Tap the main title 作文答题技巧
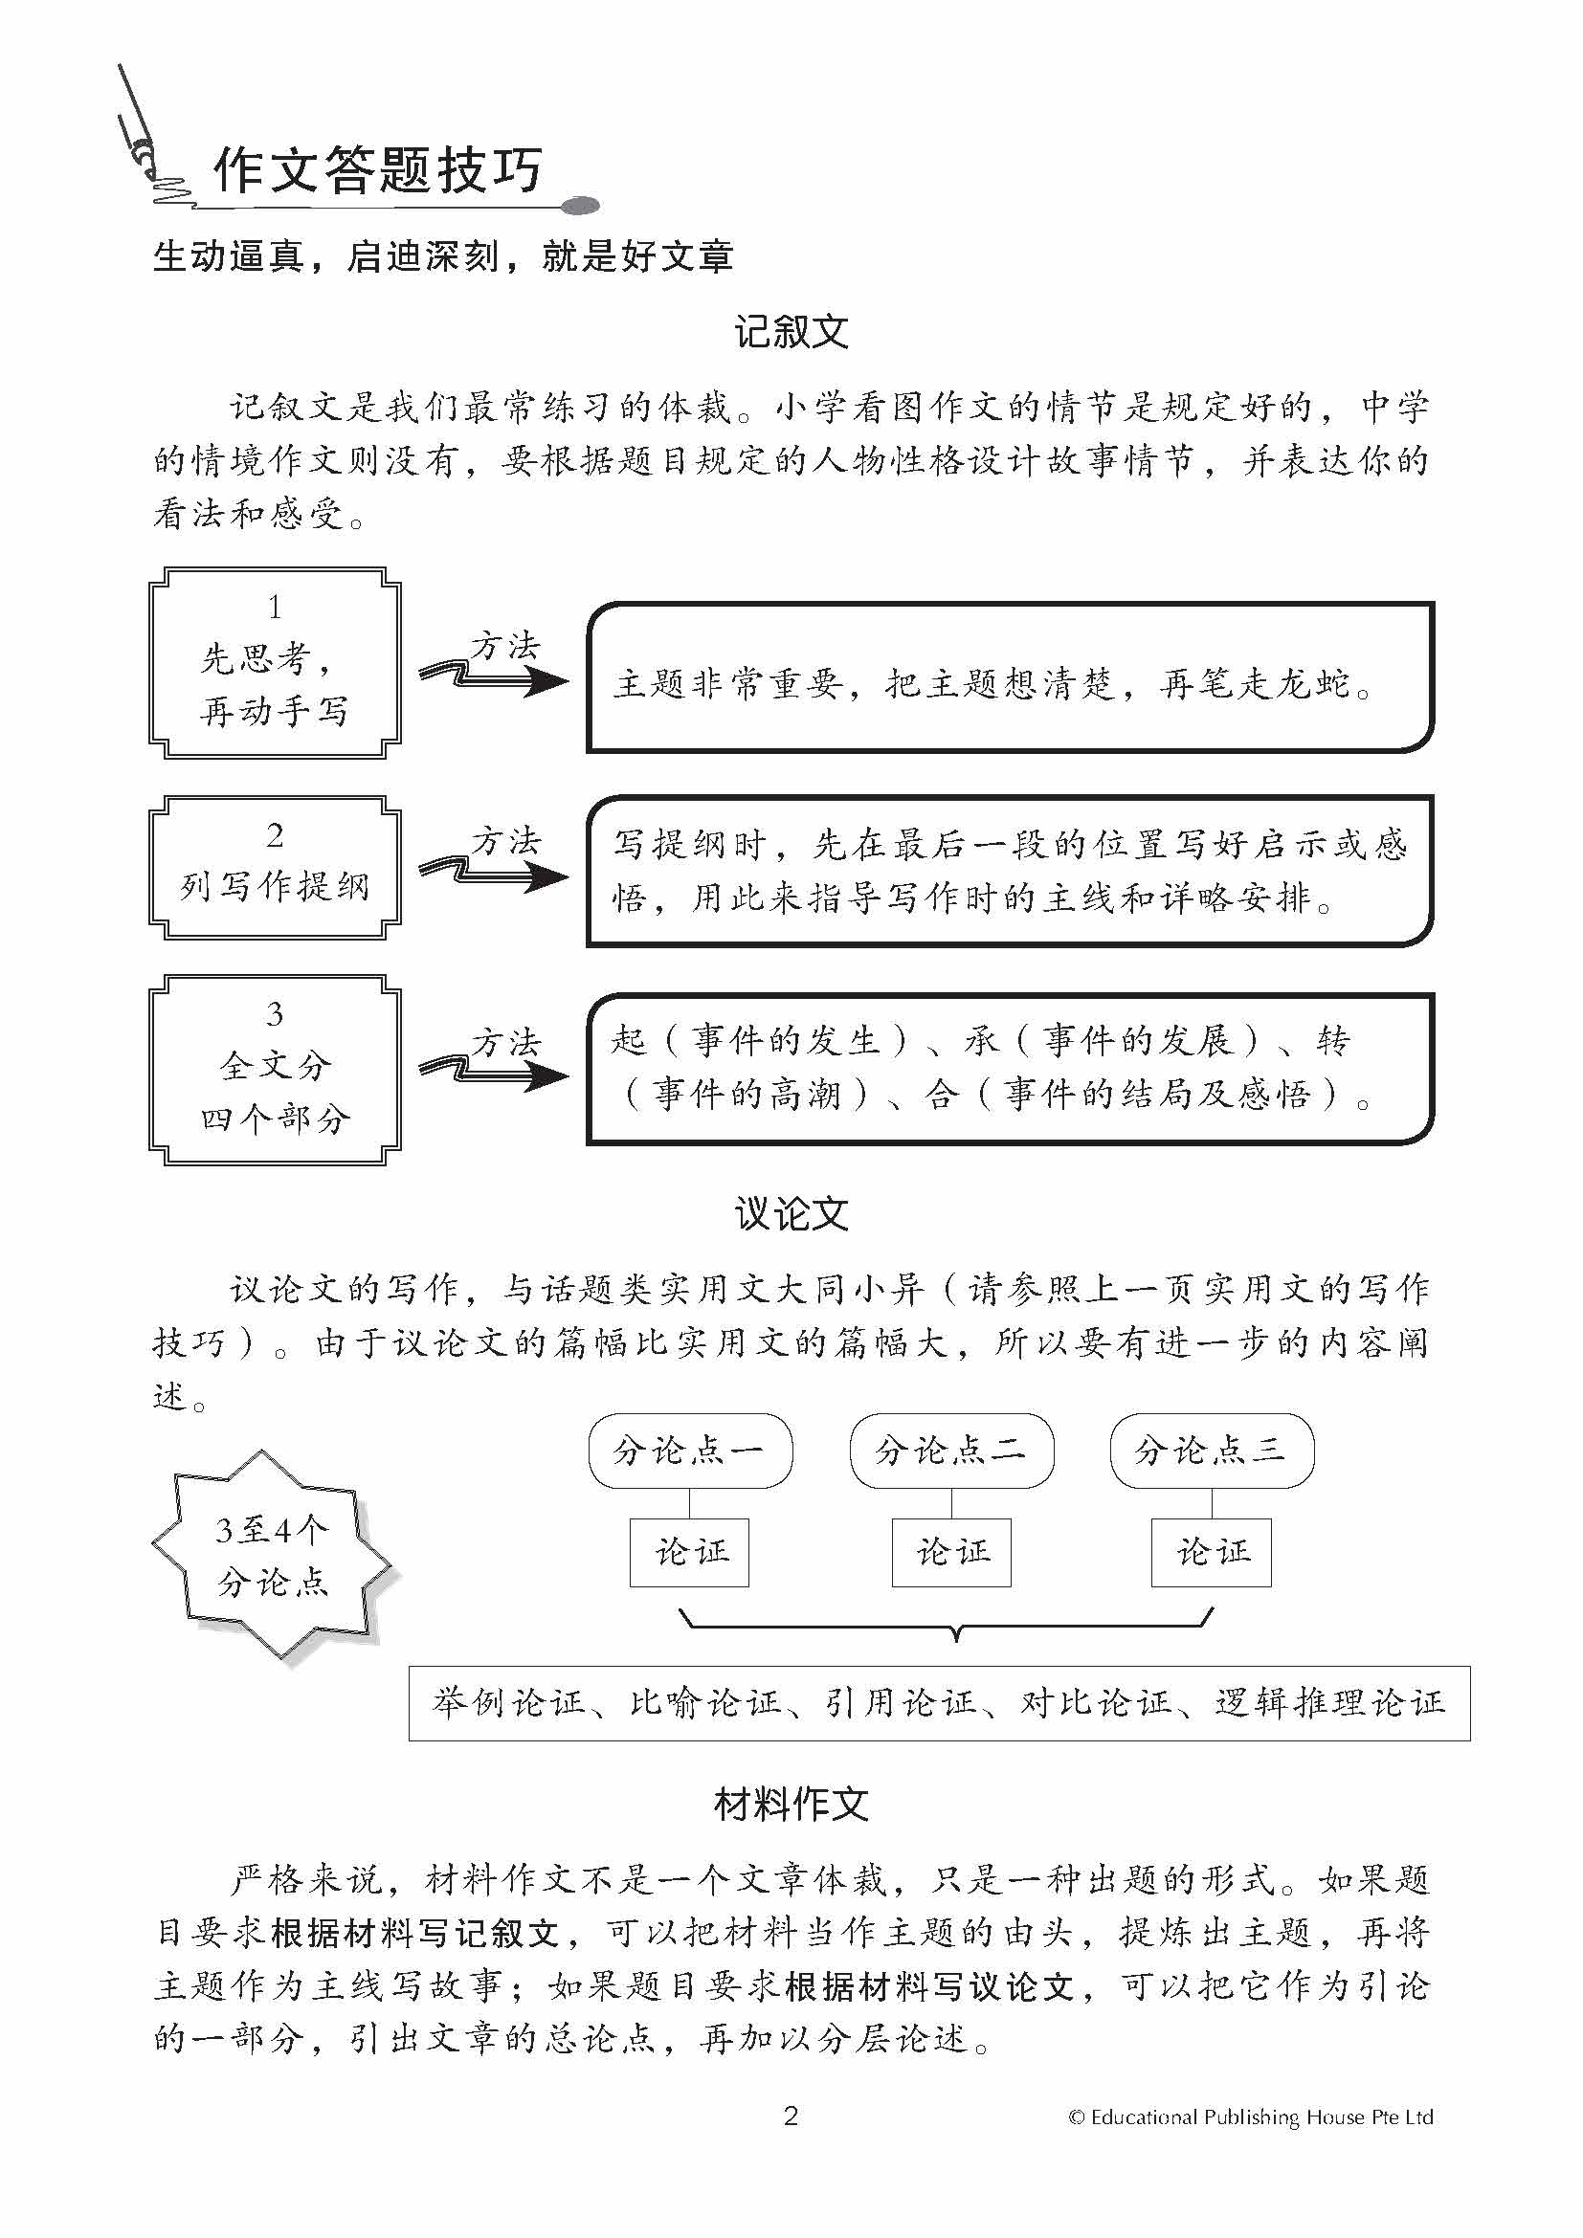pos(377,171)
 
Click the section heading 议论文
pos(791,1214)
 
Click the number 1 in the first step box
pos(275,608)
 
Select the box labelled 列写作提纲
pos(275,868)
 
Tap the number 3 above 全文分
pos(275,1014)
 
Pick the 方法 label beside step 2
pos(506,840)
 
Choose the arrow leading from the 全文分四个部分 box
pos(495,1073)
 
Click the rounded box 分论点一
pos(690,1451)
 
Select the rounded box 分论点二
pos(951,1451)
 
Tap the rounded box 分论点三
pos(1212,1451)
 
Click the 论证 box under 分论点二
pos(951,1552)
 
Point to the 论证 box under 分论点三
pos(1212,1552)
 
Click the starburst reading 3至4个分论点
pos(272,1556)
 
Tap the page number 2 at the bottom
pos(791,2116)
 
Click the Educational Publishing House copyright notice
pos(1252,2117)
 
